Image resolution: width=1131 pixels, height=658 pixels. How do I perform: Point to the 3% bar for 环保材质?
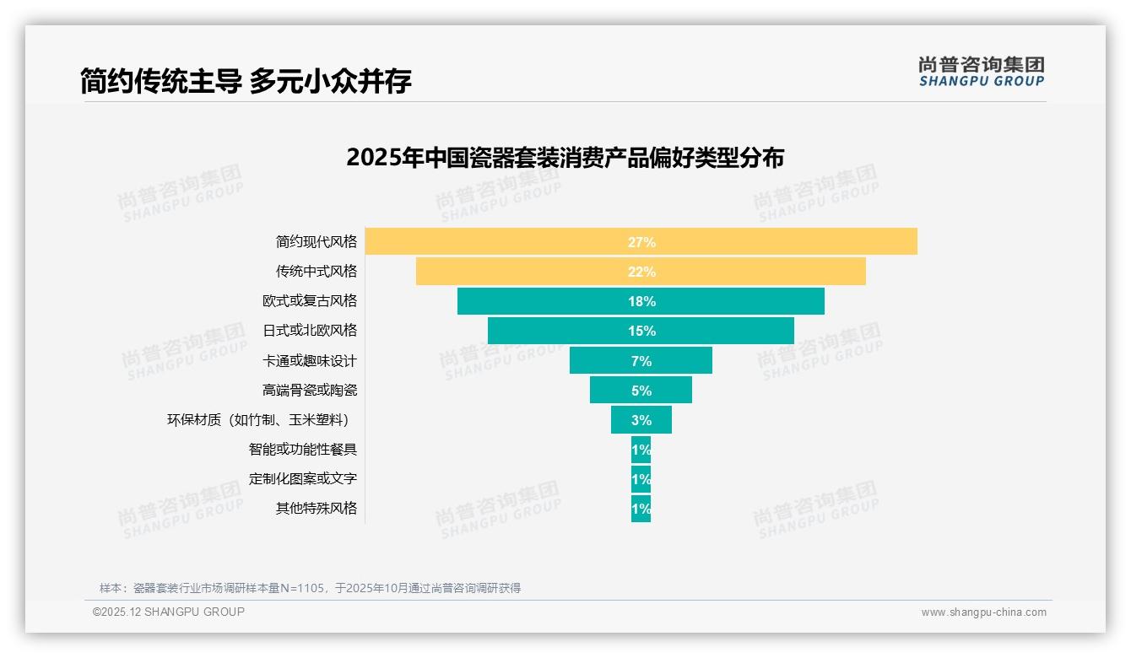pyautogui.click(x=625, y=419)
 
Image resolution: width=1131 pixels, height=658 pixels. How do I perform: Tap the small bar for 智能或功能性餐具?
pyautogui.click(x=641, y=450)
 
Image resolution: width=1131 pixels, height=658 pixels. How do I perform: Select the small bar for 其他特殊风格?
pyautogui.click(x=641, y=509)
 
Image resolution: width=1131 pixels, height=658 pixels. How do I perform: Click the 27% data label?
pyautogui.click(x=641, y=242)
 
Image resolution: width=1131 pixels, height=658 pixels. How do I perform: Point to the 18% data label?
pyautogui.click(x=641, y=301)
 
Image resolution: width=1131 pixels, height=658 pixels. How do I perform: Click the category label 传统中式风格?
pyautogui.click(x=317, y=272)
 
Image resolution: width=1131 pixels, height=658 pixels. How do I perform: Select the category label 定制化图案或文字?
pyautogui.click(x=303, y=478)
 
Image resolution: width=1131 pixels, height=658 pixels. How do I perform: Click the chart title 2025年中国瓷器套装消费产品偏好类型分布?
pyautogui.click(x=565, y=158)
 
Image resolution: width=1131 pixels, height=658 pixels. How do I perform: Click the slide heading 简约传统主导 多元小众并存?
pyautogui.click(x=246, y=81)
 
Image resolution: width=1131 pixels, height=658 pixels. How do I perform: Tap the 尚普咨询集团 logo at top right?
pyautogui.click(x=982, y=72)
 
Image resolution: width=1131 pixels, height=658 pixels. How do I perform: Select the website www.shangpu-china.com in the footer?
pyautogui.click(x=983, y=612)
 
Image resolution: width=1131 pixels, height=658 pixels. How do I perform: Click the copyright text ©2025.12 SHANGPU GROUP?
pyautogui.click(x=169, y=612)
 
